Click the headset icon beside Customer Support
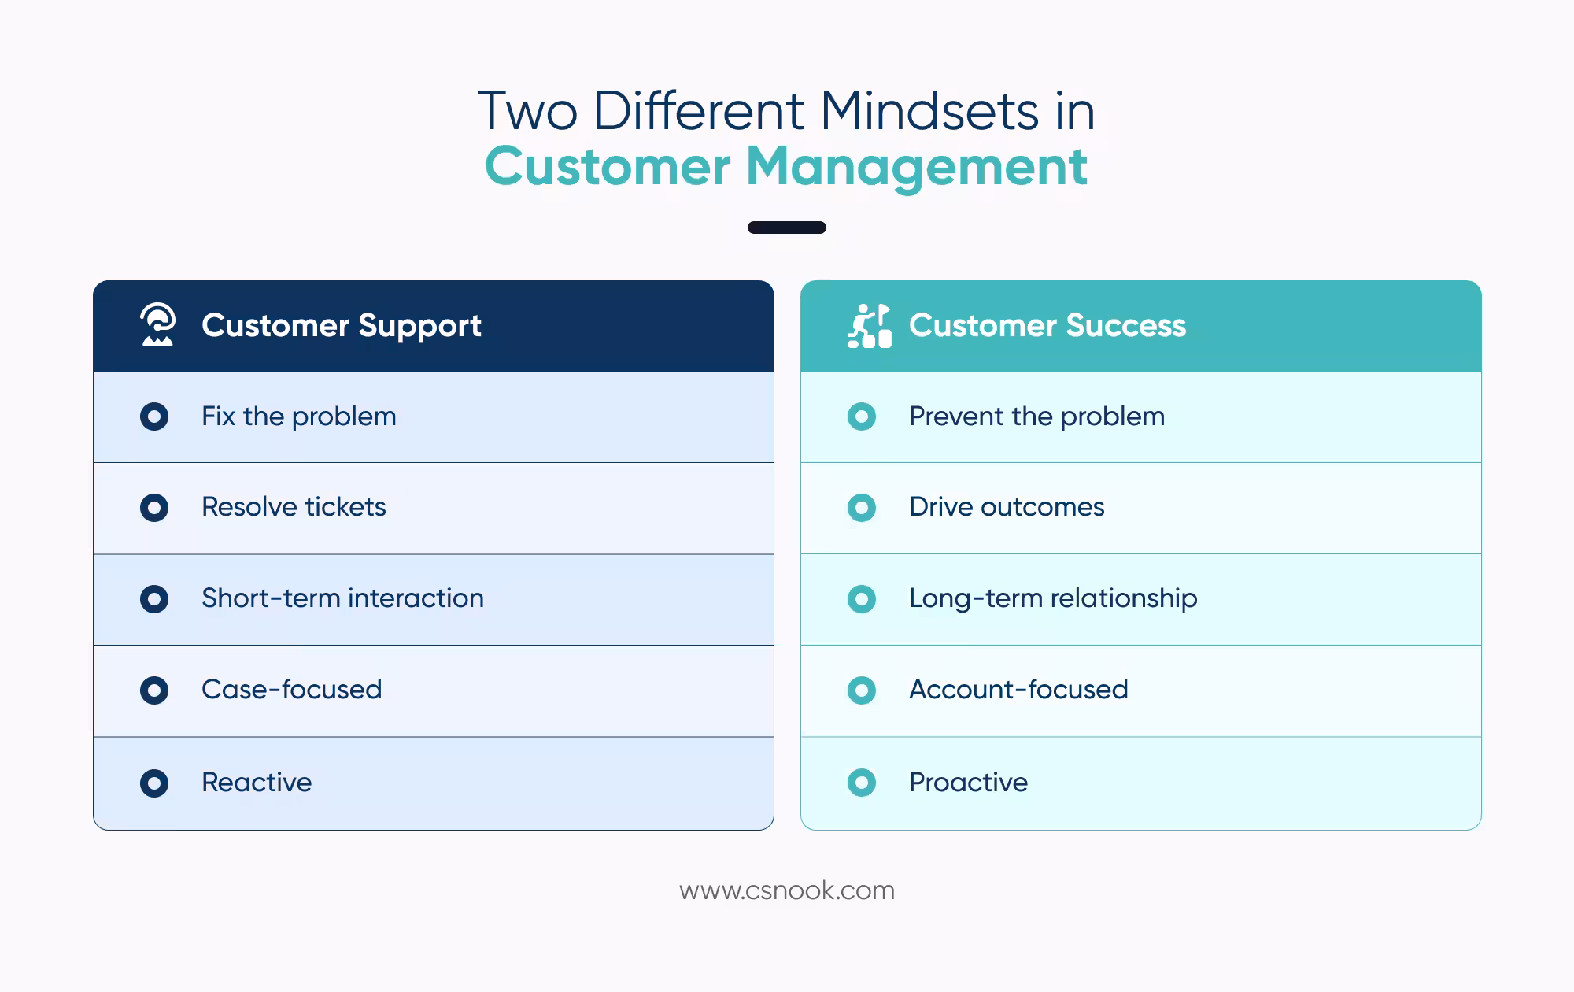(157, 325)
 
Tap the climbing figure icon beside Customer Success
(869, 326)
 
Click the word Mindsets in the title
(929, 111)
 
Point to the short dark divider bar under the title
(786, 228)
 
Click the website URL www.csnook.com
(786, 890)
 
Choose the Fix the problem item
(298, 416)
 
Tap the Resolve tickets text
(294, 507)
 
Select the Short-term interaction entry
(342, 598)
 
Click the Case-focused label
(291, 690)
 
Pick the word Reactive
(257, 783)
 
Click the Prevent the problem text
(1036, 416)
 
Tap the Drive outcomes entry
(1007, 507)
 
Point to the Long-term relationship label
(1053, 598)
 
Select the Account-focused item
(1018, 690)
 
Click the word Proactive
(968, 783)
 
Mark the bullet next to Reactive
(154, 783)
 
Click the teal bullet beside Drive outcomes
(862, 508)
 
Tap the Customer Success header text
(1047, 326)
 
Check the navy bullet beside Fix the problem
(154, 416)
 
